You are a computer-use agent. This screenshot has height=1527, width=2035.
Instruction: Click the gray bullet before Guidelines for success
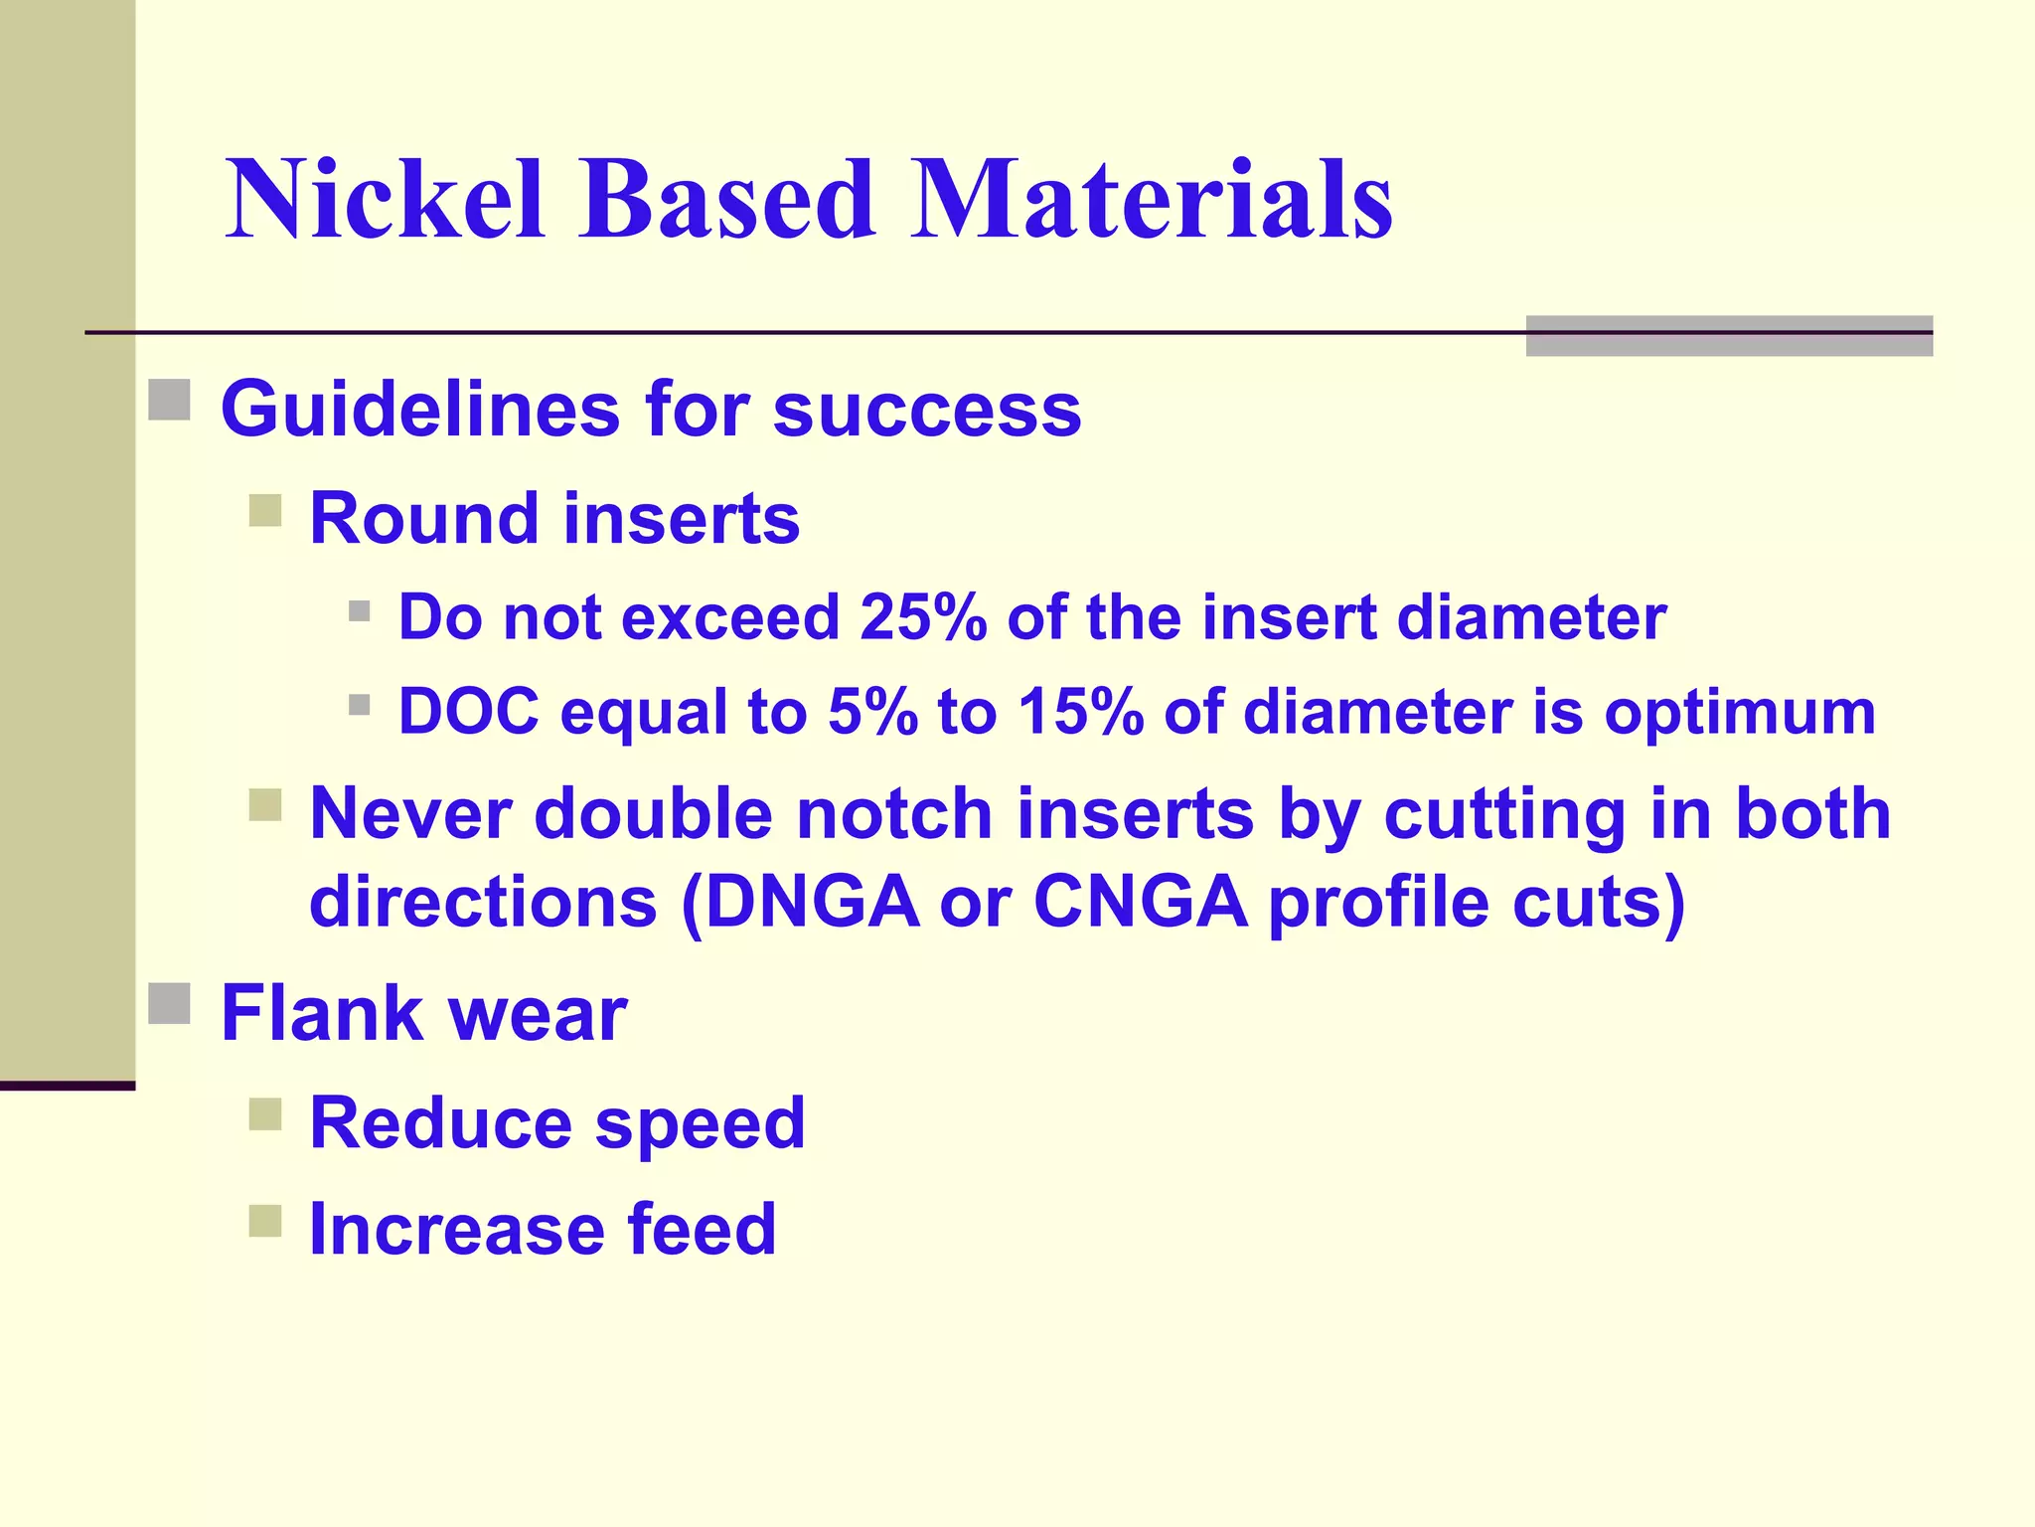pos(169,400)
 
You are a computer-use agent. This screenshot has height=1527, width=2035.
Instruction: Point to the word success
pos(926,410)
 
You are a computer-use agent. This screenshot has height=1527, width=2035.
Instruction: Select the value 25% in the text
pos(923,617)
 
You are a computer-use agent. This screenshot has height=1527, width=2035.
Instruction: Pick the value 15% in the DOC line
pos(1080,712)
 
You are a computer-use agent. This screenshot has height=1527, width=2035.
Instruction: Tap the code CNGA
pos(1140,902)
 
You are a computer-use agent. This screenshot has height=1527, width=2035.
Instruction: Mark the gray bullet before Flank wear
pos(169,1003)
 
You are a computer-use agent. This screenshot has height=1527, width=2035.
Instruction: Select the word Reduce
pos(439,1122)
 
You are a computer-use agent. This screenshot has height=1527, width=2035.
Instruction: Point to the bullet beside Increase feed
pos(265,1220)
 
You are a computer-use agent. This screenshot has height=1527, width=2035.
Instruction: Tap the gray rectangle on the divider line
pos(1728,336)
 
